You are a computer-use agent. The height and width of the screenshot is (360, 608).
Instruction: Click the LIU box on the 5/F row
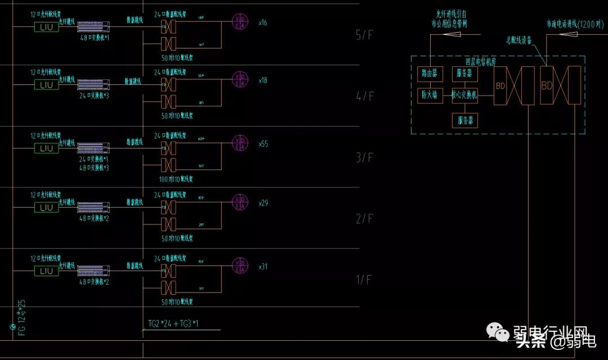point(45,27)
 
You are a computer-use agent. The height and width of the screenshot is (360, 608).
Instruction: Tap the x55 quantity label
point(263,144)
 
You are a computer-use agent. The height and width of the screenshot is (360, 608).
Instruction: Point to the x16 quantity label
point(263,23)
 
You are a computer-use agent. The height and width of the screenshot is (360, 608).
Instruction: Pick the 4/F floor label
point(365,96)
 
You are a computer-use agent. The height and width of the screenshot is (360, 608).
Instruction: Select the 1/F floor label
point(365,280)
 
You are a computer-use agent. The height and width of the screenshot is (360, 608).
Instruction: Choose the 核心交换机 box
point(464,96)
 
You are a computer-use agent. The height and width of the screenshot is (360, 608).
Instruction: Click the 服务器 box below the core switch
point(465,120)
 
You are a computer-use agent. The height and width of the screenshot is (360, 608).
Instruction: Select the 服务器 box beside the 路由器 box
point(465,74)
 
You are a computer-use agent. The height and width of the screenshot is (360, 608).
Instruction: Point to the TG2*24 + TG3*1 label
point(173,323)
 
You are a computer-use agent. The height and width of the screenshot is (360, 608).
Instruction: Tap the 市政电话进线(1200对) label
point(574,24)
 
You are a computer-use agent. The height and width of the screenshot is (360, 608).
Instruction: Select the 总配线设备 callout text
point(518,40)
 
